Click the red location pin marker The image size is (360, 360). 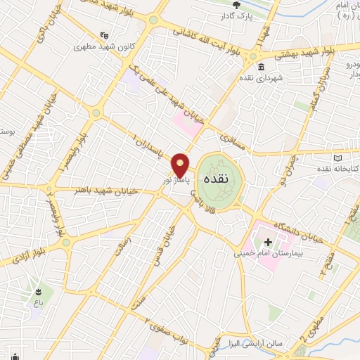click(181, 165)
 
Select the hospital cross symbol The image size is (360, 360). click(269, 241)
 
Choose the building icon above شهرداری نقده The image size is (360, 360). click(261, 67)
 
